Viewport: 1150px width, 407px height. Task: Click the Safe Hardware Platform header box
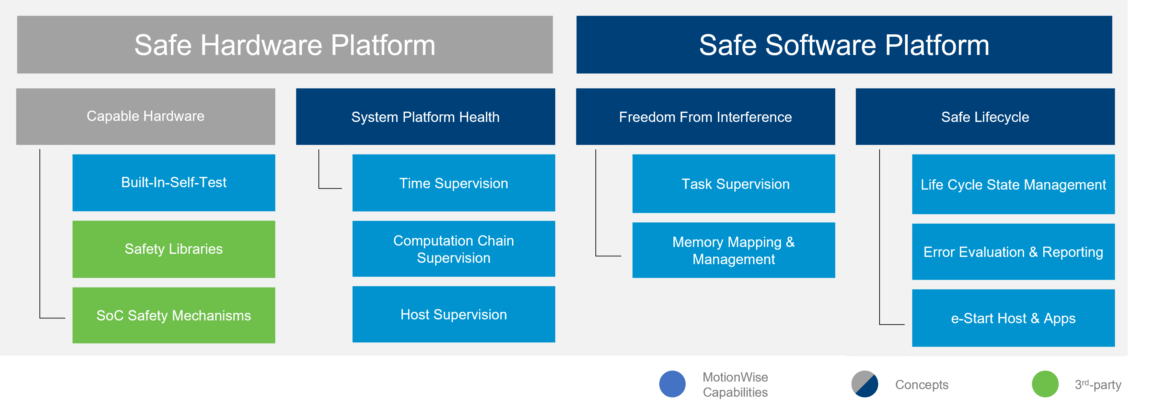[x=285, y=45]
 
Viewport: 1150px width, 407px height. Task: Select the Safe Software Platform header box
[x=844, y=45]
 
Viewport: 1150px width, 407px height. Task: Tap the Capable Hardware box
[x=146, y=116]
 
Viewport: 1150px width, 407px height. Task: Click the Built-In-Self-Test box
[x=174, y=182]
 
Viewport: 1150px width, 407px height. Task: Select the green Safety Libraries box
[x=174, y=249]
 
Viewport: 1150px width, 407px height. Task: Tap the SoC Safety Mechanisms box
[x=174, y=315]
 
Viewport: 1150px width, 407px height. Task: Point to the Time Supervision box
[x=454, y=183]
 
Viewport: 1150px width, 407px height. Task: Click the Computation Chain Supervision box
[x=454, y=249]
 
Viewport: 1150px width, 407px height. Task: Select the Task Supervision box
[x=733, y=184]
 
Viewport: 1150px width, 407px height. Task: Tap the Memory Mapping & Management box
[x=733, y=250]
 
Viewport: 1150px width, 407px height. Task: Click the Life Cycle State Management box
[x=1013, y=184]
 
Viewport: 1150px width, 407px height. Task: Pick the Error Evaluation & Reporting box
[x=1013, y=251]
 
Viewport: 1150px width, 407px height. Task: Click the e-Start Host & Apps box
[x=1013, y=318]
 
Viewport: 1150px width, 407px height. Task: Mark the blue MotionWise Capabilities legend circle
[x=672, y=384]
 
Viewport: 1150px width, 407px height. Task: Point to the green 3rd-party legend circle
[x=1045, y=384]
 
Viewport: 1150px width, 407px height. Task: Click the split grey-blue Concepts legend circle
[x=864, y=384]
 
